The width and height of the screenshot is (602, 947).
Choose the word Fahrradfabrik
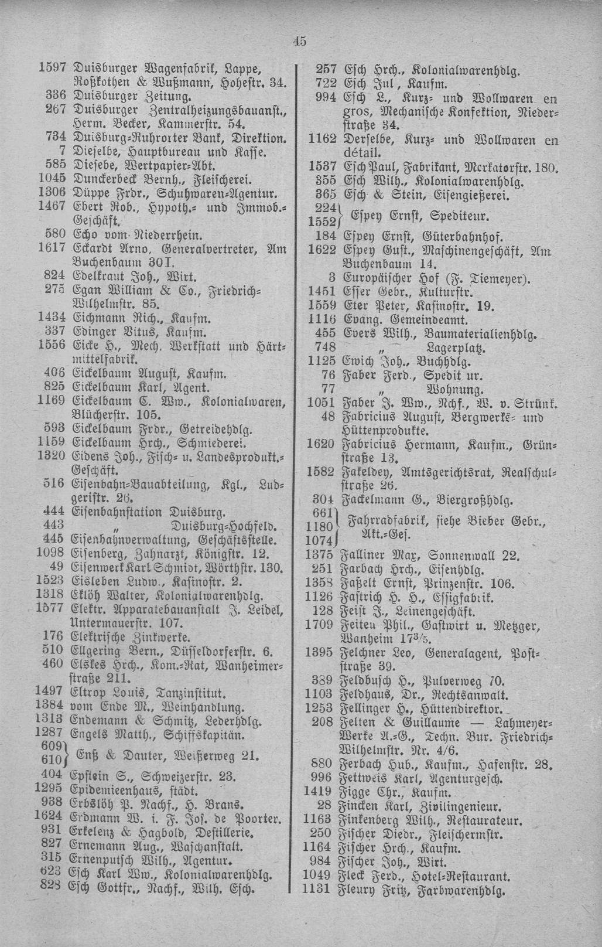[383, 520]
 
